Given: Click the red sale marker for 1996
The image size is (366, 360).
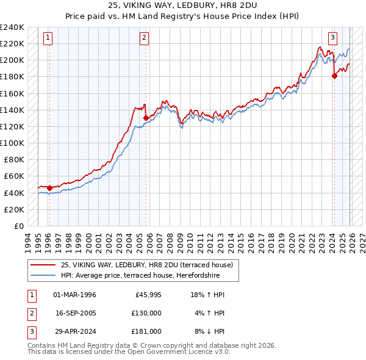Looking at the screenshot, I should pos(49,188).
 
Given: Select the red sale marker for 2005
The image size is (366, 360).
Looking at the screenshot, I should pos(146,118).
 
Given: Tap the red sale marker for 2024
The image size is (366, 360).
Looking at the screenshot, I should pos(334,76).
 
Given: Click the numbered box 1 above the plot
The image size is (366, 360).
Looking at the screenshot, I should pos(48,38).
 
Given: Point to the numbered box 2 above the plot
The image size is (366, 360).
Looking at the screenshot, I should pos(145,38).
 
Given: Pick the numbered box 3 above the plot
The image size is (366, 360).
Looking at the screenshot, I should pos(332,38).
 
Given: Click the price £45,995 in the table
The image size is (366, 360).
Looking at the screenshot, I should pos(148,295).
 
